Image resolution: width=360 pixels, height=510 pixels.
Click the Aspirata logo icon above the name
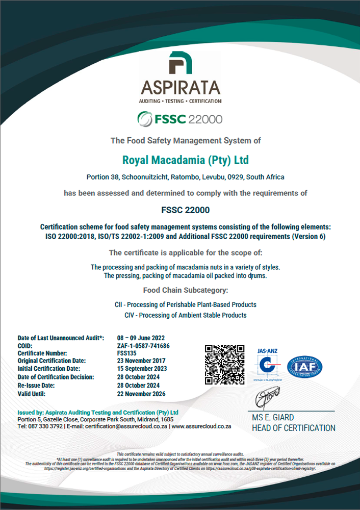(x=181, y=64)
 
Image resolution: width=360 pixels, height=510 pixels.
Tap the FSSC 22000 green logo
(x=180, y=119)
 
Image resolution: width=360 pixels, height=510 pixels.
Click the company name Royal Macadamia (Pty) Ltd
(x=186, y=161)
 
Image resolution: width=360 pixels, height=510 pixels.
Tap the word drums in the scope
(x=258, y=276)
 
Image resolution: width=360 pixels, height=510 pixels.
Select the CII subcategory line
(x=186, y=304)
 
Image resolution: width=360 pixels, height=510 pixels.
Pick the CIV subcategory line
(x=186, y=315)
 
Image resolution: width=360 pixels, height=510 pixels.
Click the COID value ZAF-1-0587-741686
(x=143, y=345)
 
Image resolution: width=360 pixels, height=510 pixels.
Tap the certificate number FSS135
(x=127, y=353)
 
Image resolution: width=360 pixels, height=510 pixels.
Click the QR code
(x=225, y=364)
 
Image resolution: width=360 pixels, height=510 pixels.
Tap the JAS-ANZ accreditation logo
(x=267, y=364)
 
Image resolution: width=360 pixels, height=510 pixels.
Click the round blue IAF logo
(x=305, y=366)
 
